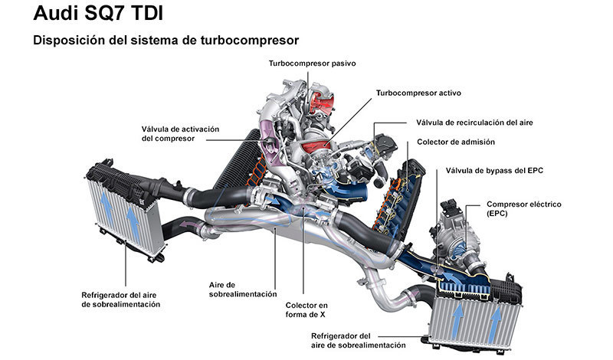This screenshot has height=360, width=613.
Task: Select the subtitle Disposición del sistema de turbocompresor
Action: (166, 40)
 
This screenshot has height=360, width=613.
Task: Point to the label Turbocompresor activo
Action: (418, 93)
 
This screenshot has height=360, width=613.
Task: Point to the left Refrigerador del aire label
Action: (120, 299)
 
